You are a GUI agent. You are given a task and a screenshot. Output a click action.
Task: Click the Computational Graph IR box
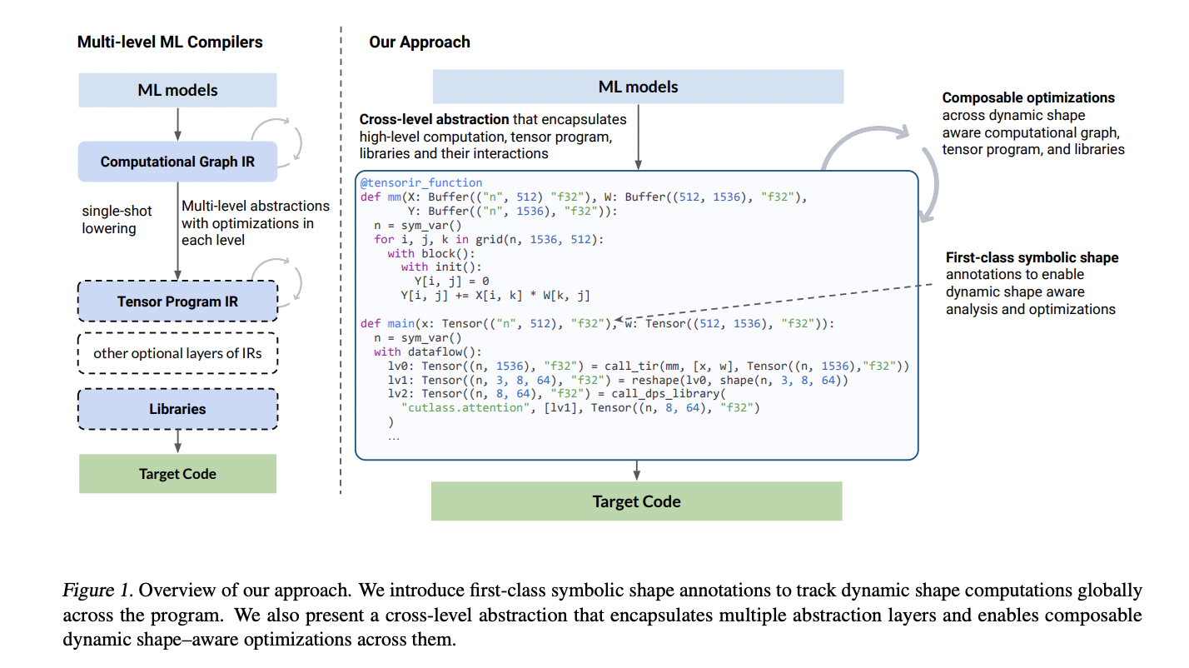pyautogui.click(x=177, y=162)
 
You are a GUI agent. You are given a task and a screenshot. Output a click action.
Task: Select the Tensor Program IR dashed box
pyautogui.click(x=177, y=302)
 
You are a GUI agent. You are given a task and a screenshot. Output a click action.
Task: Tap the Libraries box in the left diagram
pyautogui.click(x=177, y=409)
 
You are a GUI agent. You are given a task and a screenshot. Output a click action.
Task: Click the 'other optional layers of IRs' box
pyautogui.click(x=177, y=353)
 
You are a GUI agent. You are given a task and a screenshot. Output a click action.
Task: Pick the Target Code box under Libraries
pyautogui.click(x=177, y=474)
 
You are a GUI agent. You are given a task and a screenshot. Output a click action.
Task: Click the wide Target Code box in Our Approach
pyautogui.click(x=636, y=501)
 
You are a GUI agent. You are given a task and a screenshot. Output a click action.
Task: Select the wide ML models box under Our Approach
pyautogui.click(x=638, y=87)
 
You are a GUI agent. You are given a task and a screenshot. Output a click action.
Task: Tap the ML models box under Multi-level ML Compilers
pyautogui.click(x=177, y=90)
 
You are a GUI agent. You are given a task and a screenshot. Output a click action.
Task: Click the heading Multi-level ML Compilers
pyautogui.click(x=170, y=42)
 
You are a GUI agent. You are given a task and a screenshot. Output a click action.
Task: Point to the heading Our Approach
pyautogui.click(x=420, y=42)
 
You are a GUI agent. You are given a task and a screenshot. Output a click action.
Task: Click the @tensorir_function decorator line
pyautogui.click(x=420, y=182)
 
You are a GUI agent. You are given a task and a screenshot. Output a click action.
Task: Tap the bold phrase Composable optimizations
pyautogui.click(x=1028, y=97)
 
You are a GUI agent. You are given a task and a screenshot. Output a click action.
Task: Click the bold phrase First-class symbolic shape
pyautogui.click(x=1032, y=257)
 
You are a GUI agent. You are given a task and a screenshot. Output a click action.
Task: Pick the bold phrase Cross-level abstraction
pyautogui.click(x=434, y=119)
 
